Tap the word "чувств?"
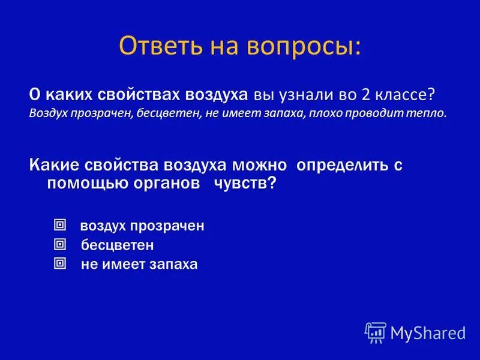245,184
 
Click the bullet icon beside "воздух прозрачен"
59,225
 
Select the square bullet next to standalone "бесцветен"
59,244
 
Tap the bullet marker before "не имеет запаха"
59,263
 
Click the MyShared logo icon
376,332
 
